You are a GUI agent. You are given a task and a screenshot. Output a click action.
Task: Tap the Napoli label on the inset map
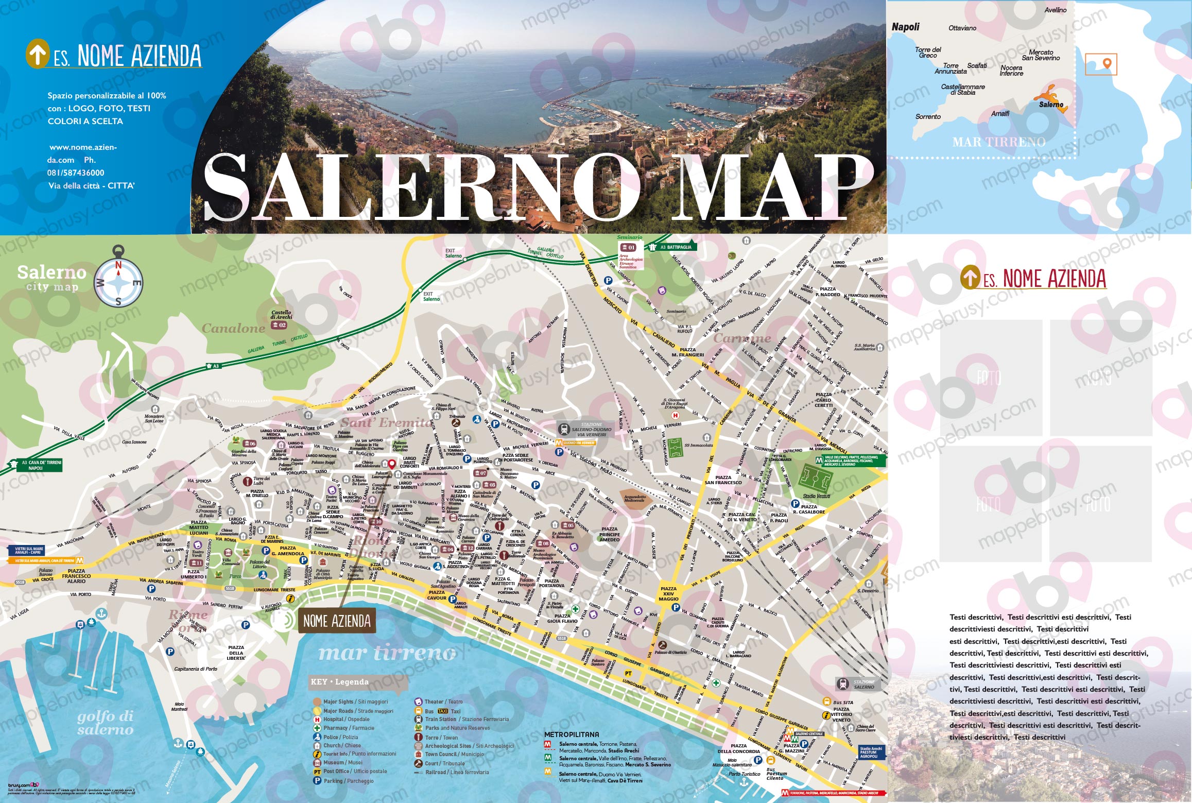pyautogui.click(x=905, y=27)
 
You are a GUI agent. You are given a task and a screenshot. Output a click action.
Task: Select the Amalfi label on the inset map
pyautogui.click(x=1000, y=113)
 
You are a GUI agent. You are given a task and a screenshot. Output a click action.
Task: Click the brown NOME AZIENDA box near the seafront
pyautogui.click(x=337, y=621)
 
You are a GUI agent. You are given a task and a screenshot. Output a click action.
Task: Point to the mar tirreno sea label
pyautogui.click(x=387, y=653)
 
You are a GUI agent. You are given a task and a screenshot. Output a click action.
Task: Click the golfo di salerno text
pyautogui.click(x=106, y=722)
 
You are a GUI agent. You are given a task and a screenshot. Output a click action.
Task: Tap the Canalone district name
pyautogui.click(x=233, y=328)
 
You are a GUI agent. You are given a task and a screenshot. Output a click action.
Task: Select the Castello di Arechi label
pyautogui.click(x=281, y=315)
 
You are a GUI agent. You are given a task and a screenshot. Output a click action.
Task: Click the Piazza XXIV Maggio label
pyautogui.click(x=668, y=593)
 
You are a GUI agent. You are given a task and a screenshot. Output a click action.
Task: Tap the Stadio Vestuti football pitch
pyautogui.click(x=816, y=480)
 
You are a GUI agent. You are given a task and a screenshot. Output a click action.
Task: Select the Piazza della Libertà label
pyautogui.click(x=236, y=653)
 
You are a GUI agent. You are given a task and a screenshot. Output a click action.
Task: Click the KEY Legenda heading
pyautogui.click(x=339, y=682)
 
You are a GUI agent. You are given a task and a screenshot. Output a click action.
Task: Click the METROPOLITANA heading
pyautogui.click(x=572, y=734)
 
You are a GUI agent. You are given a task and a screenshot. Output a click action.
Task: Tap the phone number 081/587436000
pyautogui.click(x=76, y=173)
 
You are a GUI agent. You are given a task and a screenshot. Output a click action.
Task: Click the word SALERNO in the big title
pyautogui.click(x=422, y=188)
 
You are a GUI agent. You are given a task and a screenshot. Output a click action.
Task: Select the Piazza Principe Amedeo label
pyautogui.click(x=609, y=534)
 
